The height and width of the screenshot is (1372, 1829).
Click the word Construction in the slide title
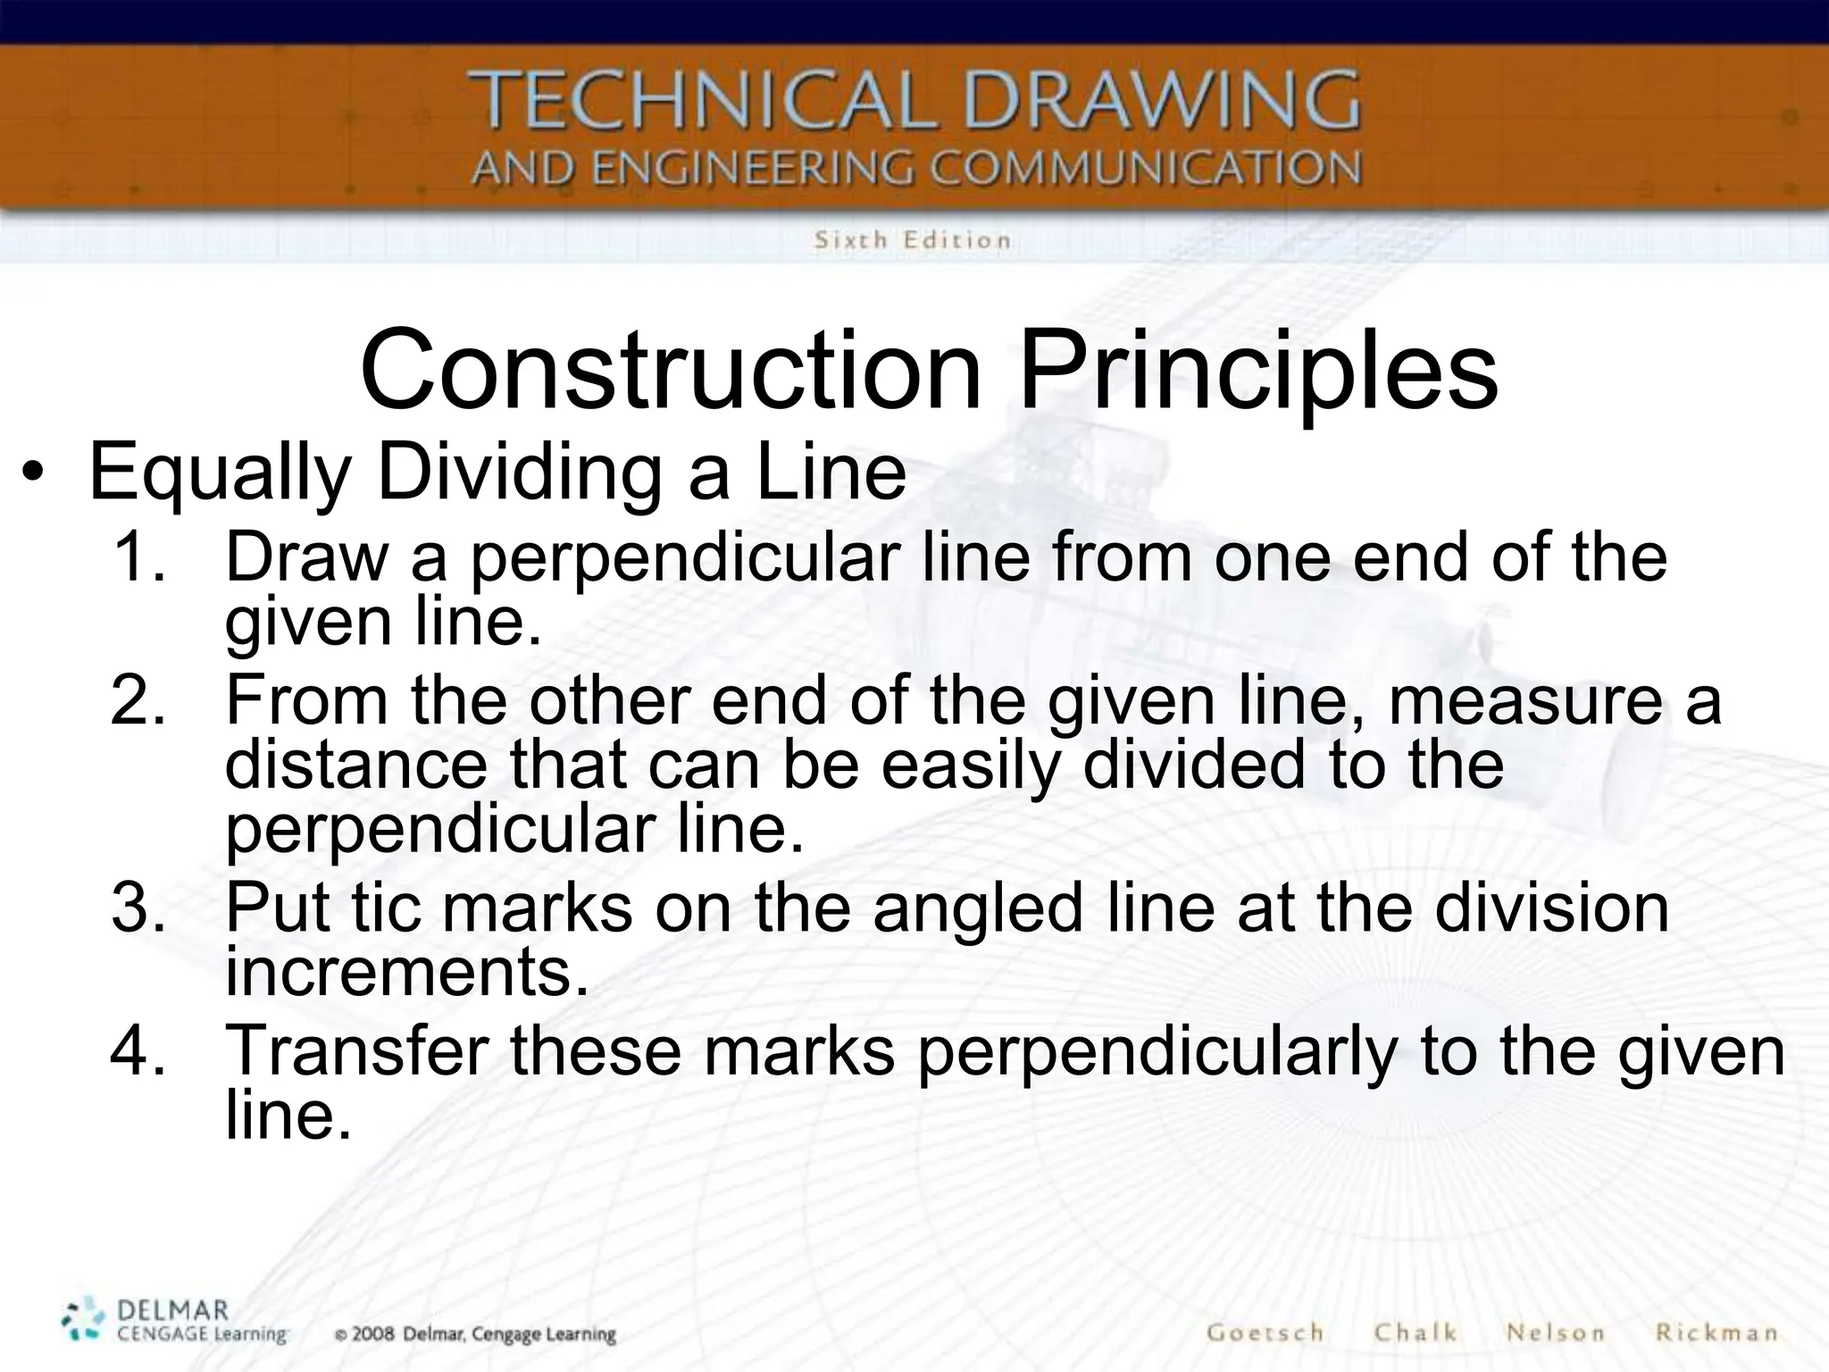pyautogui.click(x=671, y=371)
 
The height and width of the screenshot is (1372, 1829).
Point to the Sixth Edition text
pyautogui.click(x=912, y=239)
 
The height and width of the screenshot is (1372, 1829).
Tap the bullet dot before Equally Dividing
pyautogui.click(x=33, y=474)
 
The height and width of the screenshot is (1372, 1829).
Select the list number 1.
pyautogui.click(x=138, y=556)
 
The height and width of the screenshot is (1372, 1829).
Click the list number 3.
pyautogui.click(x=138, y=907)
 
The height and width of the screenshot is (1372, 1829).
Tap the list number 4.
pyautogui.click(x=138, y=1050)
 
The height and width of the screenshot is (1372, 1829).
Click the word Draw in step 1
pyautogui.click(x=307, y=556)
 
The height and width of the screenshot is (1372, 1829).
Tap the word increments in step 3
pyautogui.click(x=407, y=971)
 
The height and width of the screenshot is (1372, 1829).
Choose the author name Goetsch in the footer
pyautogui.click(x=1265, y=1333)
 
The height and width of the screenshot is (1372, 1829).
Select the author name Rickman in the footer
pyautogui.click(x=1716, y=1333)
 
